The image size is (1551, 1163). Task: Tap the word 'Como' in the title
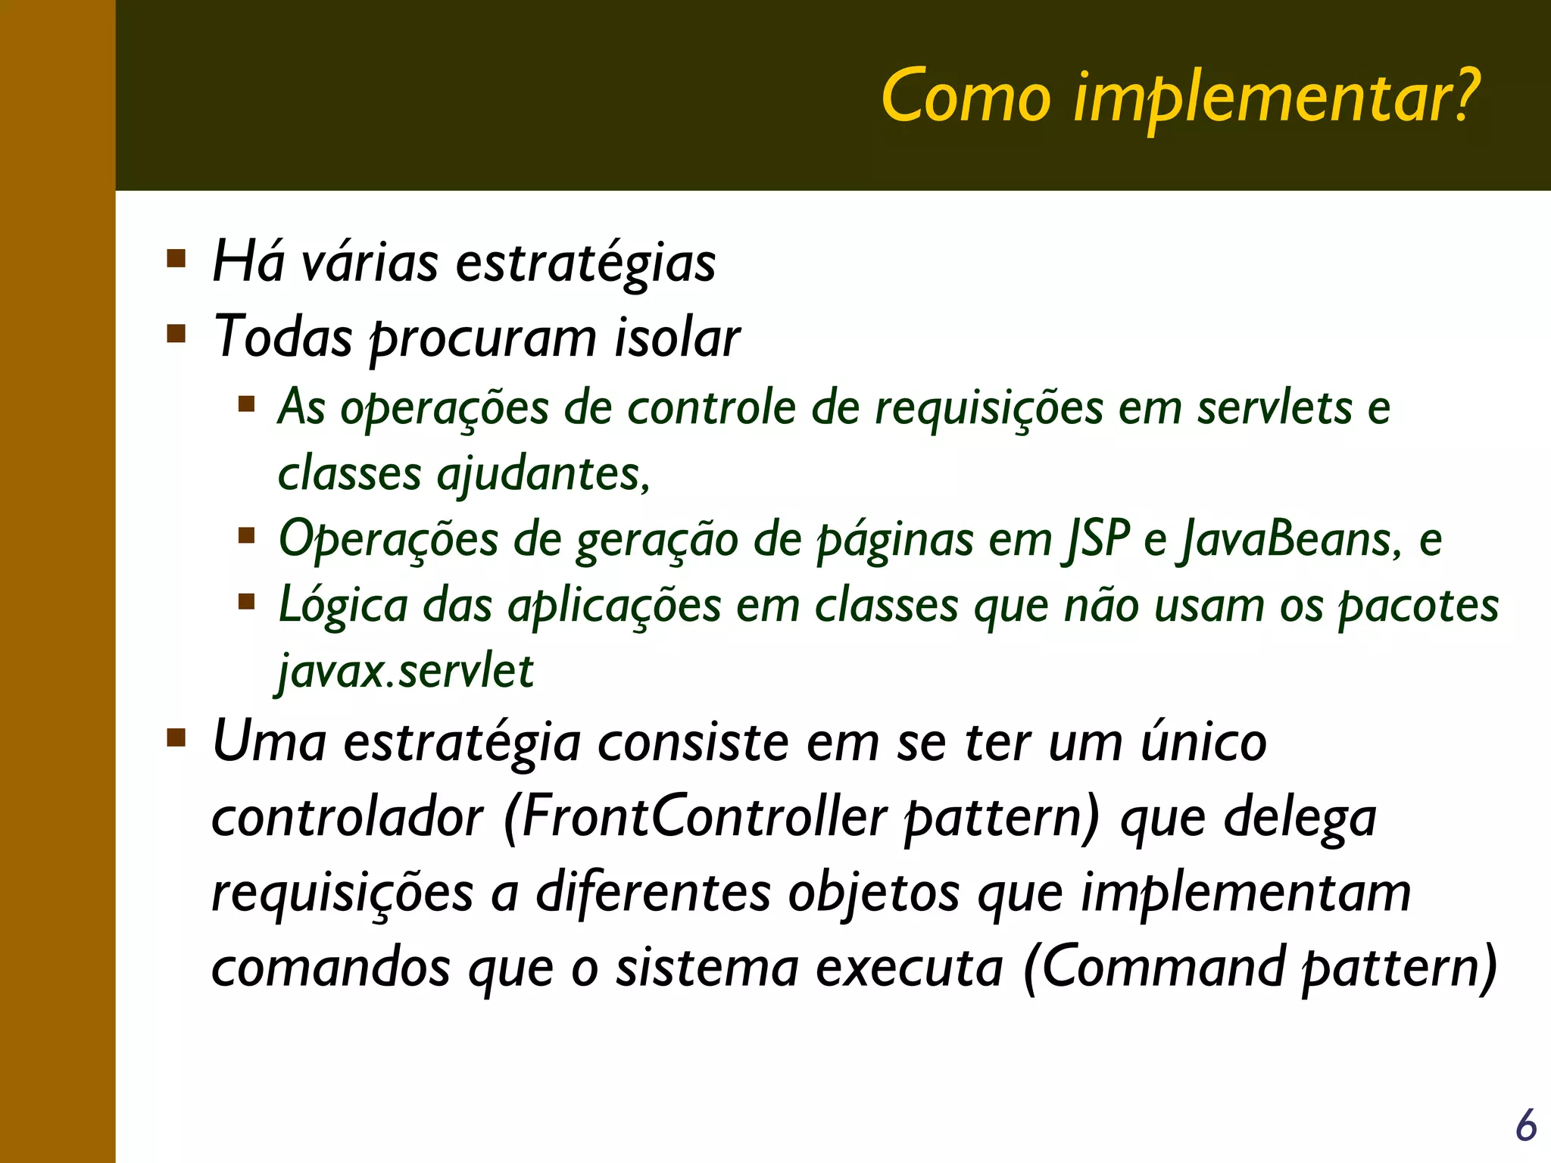click(x=966, y=97)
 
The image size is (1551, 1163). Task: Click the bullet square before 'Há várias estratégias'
click(x=176, y=260)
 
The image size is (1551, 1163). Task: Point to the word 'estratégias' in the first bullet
click(x=585, y=263)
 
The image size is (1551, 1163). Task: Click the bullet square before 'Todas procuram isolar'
click(x=176, y=334)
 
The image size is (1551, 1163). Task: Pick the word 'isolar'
click(x=676, y=338)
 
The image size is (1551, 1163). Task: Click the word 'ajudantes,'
click(x=544, y=475)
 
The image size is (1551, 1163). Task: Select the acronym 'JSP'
click(x=1096, y=540)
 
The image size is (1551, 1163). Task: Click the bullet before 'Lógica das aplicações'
click(x=246, y=602)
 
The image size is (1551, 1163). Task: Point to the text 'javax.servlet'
click(x=406, y=671)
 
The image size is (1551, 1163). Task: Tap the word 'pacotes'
click(x=1418, y=606)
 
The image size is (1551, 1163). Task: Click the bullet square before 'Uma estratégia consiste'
click(x=176, y=737)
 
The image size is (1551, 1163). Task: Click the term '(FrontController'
click(x=694, y=818)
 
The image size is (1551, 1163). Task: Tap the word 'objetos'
click(x=874, y=893)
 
